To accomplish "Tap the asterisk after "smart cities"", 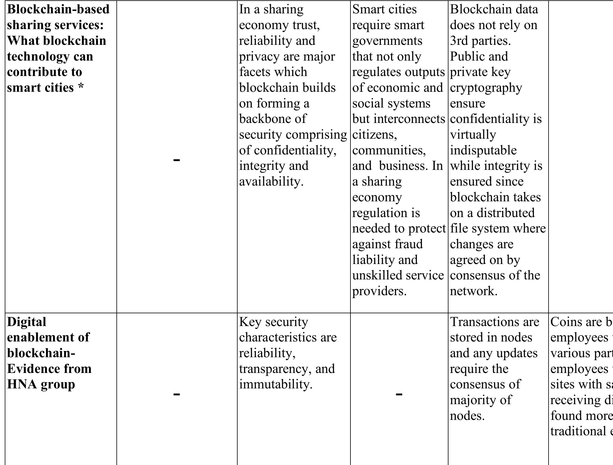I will pyautogui.click(x=80, y=87).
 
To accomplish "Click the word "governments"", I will pyautogui.click(x=387, y=41).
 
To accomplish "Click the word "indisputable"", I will pyautogui.click(x=483, y=150).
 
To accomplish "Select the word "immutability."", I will pyautogui.click(x=276, y=385).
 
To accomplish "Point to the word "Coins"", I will pyautogui.click(x=563, y=322).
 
